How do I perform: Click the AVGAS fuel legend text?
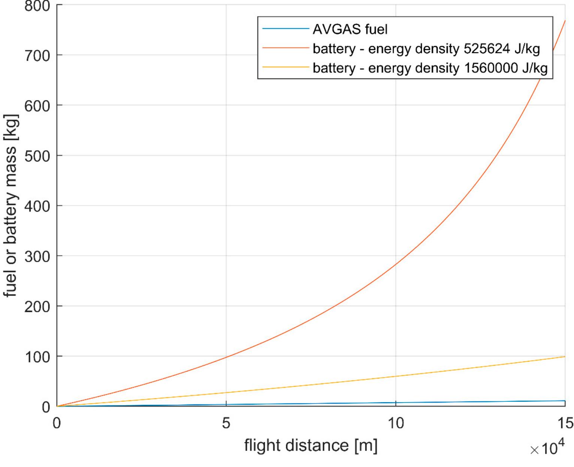(x=350, y=29)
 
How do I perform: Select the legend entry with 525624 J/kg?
(x=426, y=48)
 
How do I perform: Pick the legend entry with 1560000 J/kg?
(x=430, y=68)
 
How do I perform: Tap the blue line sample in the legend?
(x=286, y=29)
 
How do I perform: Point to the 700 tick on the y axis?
(x=37, y=56)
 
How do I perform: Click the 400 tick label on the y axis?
(x=37, y=206)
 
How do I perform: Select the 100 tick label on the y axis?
(x=37, y=357)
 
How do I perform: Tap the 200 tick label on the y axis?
(x=37, y=307)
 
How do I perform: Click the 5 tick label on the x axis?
(x=226, y=423)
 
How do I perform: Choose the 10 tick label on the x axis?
(x=395, y=423)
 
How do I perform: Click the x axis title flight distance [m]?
(x=311, y=446)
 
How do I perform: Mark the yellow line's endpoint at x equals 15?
(x=565, y=356)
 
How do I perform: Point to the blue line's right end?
(x=565, y=401)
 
